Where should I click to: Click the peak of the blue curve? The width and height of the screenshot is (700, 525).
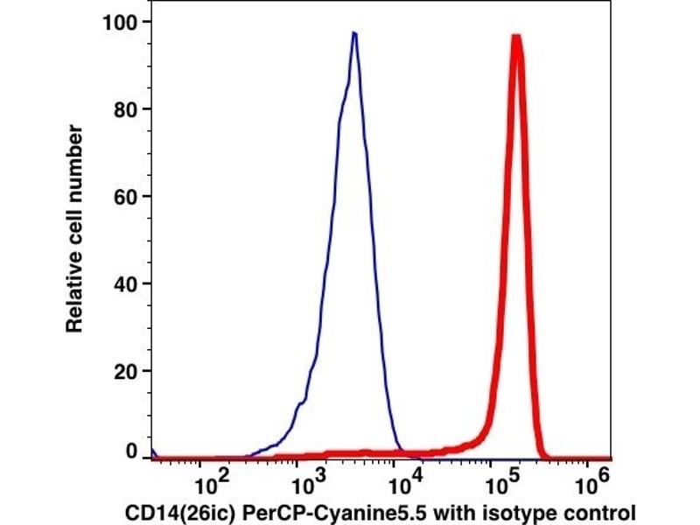[x=353, y=33]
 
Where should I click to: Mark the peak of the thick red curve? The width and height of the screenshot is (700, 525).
[x=516, y=37]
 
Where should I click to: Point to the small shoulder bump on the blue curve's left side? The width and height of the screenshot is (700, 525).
[x=300, y=404]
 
